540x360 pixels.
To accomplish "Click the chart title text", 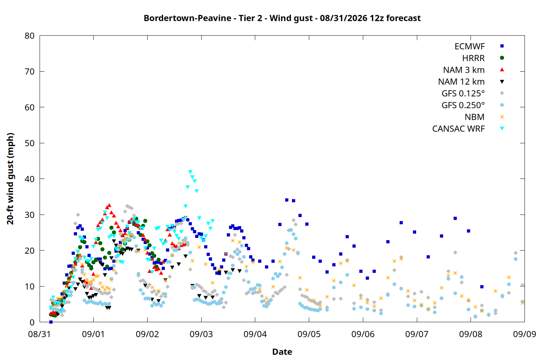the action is (x=282, y=18).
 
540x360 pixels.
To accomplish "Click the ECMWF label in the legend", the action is (x=469, y=46).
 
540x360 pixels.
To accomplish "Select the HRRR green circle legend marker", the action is (x=502, y=58).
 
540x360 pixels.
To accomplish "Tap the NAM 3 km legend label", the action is (x=464, y=70).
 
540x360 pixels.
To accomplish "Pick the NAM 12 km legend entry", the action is (x=462, y=82).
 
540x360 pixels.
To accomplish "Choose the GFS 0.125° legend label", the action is (x=463, y=93).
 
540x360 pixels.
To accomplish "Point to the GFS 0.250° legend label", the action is (x=463, y=105).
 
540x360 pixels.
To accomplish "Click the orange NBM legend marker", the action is (x=502, y=117).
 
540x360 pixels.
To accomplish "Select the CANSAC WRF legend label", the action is (x=459, y=129).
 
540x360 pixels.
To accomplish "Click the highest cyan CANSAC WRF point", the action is (x=190, y=172).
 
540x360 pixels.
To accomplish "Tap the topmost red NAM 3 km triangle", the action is (x=109, y=206).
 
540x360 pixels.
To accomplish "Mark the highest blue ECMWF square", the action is (x=287, y=200).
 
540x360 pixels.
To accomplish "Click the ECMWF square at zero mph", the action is (x=51, y=322).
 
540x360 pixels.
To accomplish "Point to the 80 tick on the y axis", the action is (x=30, y=36).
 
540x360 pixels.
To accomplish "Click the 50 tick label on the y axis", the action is (x=30, y=143).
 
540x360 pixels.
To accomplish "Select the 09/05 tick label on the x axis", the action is (x=309, y=334).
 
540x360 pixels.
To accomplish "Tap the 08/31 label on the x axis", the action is (x=40, y=334).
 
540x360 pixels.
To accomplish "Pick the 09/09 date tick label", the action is (x=525, y=334).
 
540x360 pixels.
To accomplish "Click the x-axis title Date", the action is (x=282, y=352).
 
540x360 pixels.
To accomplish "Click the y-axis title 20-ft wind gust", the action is (x=10, y=179).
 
